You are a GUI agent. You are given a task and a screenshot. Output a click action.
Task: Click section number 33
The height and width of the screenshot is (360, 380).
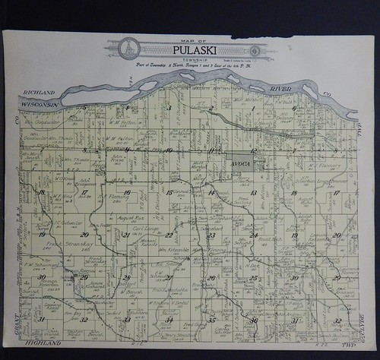click(x=128, y=321)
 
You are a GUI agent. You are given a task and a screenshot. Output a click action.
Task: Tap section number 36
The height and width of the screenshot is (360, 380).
click(x=253, y=321)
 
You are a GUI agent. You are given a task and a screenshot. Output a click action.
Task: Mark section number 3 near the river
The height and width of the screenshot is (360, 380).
click(x=169, y=109)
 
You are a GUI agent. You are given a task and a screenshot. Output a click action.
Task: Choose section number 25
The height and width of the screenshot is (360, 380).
click(x=253, y=278)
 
